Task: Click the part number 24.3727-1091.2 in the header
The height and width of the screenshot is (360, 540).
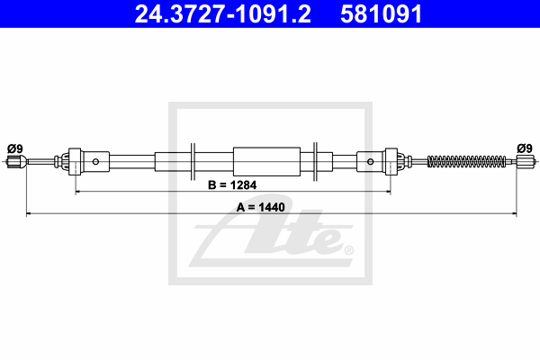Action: coord(223,14)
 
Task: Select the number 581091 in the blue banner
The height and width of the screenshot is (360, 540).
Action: coord(381,14)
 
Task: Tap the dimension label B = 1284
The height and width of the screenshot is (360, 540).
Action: coord(232,185)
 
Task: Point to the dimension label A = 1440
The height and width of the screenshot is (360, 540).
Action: coord(261,207)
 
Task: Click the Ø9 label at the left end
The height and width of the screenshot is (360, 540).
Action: coord(15,148)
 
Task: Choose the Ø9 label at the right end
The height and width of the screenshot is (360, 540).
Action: coord(525,148)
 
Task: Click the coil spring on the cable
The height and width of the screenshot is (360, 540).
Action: coord(466,161)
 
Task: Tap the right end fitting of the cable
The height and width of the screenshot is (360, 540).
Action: coord(526,161)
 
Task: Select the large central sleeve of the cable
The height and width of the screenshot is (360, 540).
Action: coord(266,162)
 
